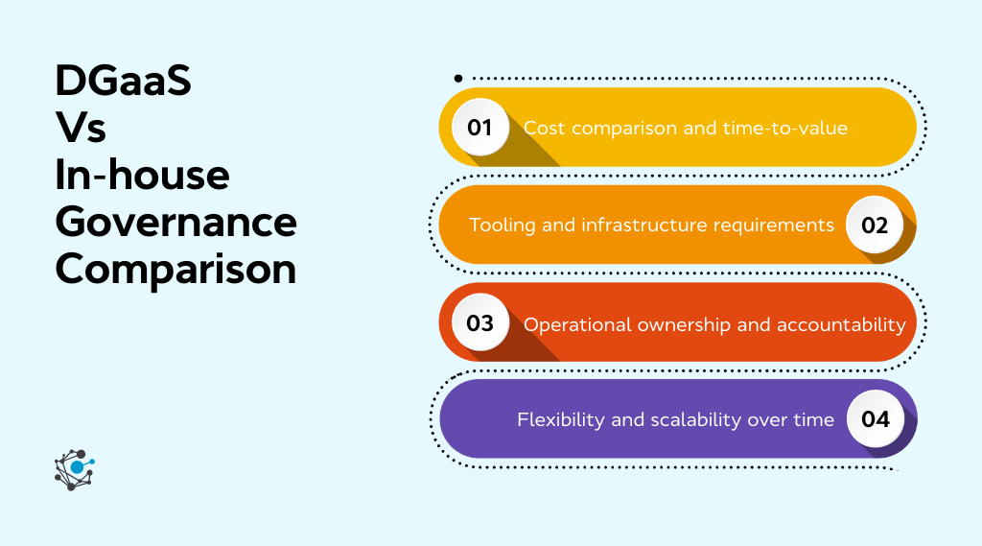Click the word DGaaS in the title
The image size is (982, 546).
(124, 83)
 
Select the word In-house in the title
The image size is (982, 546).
(143, 176)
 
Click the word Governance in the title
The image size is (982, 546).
(175, 222)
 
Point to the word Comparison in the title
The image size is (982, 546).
(175, 270)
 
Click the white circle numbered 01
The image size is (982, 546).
(479, 128)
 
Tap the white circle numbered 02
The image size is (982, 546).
(875, 226)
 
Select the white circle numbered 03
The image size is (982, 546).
(479, 323)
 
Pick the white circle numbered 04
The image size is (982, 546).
(875, 419)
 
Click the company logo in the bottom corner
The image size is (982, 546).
(74, 469)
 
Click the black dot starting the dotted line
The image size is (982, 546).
(458, 78)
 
